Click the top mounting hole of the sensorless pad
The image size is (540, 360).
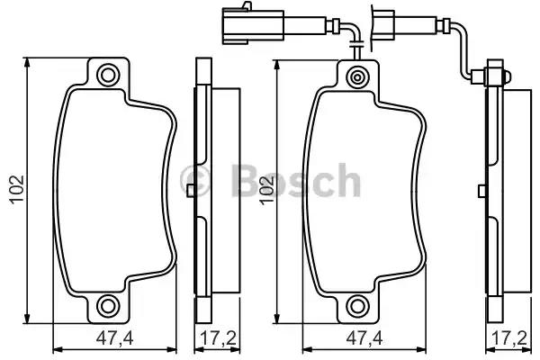tap(109, 76)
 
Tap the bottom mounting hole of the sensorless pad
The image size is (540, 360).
tap(109, 305)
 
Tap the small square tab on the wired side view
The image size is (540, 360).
tap(483, 190)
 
